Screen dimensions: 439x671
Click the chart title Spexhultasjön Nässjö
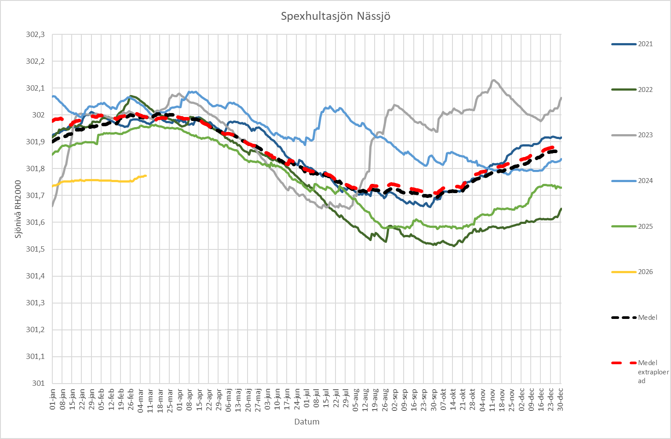[335, 17]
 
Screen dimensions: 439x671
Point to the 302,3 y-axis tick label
[36, 34]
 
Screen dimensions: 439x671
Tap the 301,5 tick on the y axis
[36, 249]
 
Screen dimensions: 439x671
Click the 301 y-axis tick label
[38, 383]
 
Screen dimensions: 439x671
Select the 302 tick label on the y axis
[38, 115]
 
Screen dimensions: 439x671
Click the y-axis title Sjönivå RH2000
[18, 209]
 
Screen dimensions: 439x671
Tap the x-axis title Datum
[306, 422]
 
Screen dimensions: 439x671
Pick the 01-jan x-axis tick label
[53, 399]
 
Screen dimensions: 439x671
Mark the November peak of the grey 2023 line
[494, 80]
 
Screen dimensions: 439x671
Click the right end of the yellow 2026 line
[146, 176]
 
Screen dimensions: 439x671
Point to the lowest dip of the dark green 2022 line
[454, 246]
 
